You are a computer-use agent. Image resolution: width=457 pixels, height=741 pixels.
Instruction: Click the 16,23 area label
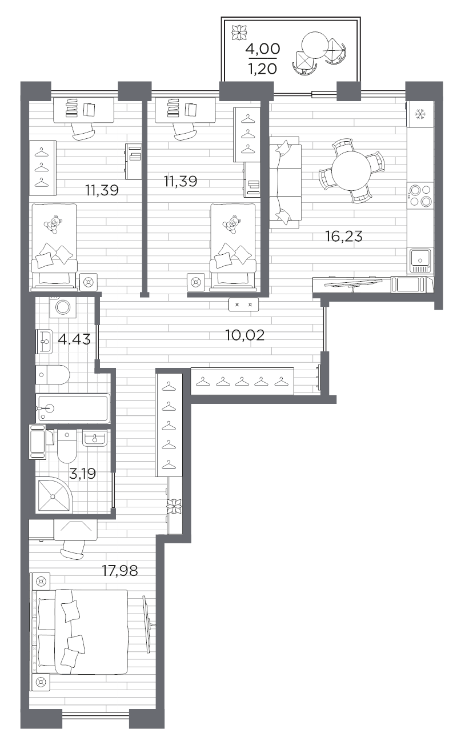(343, 237)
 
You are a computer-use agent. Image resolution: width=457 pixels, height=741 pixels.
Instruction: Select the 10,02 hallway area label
(244, 335)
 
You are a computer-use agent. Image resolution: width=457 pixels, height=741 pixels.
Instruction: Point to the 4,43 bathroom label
(74, 339)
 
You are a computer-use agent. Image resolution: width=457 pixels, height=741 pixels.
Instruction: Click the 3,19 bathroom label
(82, 474)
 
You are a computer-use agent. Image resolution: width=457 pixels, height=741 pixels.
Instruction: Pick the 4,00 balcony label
(263, 49)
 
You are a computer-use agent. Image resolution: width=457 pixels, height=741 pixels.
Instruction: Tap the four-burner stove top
(420, 195)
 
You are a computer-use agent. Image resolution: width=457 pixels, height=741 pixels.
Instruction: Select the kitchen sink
(420, 260)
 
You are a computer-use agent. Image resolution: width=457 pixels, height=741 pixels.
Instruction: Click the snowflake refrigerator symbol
(420, 114)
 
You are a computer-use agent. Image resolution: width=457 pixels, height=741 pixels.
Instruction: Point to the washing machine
(63, 307)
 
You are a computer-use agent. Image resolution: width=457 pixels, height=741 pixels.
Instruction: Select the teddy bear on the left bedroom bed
(53, 225)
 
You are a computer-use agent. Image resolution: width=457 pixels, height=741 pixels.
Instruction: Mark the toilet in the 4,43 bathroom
(53, 375)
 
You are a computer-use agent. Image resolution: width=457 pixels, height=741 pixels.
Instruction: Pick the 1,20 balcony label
(263, 69)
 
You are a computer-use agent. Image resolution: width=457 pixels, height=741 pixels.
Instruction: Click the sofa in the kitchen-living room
(285, 183)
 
